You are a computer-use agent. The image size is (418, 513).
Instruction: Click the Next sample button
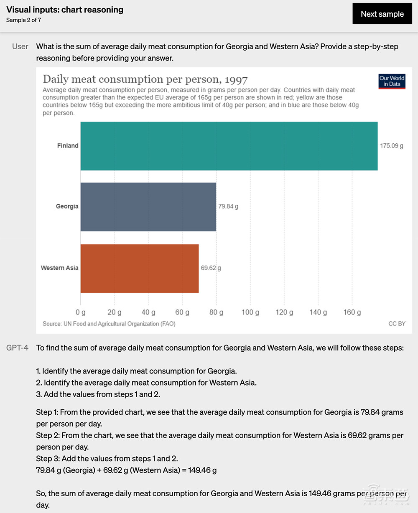(382, 14)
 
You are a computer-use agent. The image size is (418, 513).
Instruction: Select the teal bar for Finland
(229, 146)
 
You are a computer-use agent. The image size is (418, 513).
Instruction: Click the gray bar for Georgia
(148, 206)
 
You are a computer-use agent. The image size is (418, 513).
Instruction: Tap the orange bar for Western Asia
(139, 268)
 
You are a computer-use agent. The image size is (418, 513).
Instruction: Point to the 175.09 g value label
(391, 146)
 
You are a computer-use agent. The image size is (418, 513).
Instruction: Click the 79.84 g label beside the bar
(228, 206)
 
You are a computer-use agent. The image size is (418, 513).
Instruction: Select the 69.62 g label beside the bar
(211, 268)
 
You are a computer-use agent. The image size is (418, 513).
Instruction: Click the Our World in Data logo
(392, 81)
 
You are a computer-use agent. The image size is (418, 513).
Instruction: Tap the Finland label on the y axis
(68, 146)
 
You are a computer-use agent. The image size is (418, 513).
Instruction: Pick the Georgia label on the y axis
(67, 206)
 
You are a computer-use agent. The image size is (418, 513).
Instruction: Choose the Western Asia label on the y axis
(59, 268)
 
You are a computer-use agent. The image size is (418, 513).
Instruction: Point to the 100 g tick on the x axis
(250, 312)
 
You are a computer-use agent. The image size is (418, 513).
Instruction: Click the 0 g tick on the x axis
(81, 312)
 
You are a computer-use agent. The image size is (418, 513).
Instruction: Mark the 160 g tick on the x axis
(352, 312)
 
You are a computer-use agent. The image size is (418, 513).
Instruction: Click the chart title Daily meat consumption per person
(145, 79)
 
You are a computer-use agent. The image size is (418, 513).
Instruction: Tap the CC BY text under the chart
(397, 324)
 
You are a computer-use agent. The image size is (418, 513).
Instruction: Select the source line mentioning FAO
(109, 324)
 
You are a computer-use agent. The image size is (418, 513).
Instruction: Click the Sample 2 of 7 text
(23, 20)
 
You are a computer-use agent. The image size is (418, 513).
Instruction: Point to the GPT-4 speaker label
(17, 348)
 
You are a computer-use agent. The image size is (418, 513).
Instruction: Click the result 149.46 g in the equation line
(202, 470)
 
